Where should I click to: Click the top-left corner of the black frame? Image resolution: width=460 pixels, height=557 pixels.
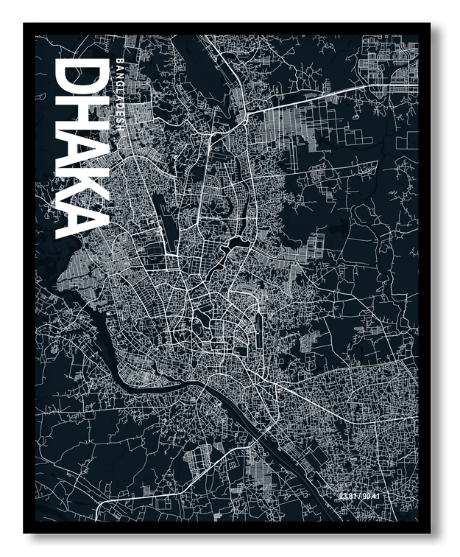24,24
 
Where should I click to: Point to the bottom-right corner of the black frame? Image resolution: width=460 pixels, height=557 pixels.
430,532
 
